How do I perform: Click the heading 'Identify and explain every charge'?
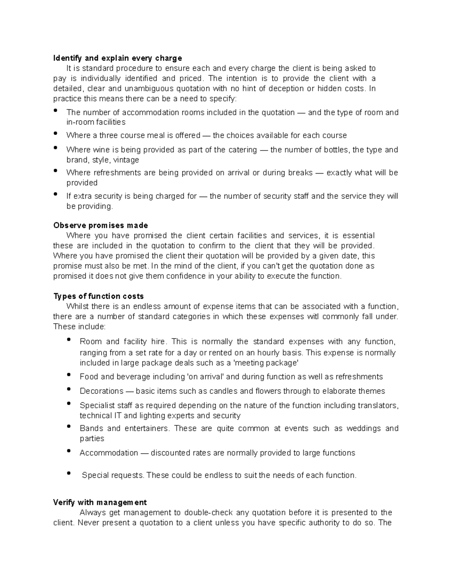pyautogui.click(x=117, y=58)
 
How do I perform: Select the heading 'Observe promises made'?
pyautogui.click(x=100, y=226)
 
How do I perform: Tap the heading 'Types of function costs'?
pyautogui.click(x=99, y=296)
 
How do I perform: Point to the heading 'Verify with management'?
pyautogui.click(x=100, y=503)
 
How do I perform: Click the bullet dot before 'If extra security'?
pyautogui.click(x=56, y=194)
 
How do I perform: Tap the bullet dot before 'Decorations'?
pyautogui.click(x=69, y=389)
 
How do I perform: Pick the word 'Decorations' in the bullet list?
pyautogui.click(x=102, y=391)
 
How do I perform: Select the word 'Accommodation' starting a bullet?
pyautogui.click(x=109, y=453)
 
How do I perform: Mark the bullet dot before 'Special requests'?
pyautogui.click(x=69, y=473)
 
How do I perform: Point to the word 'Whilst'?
pyautogui.click(x=77, y=306)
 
